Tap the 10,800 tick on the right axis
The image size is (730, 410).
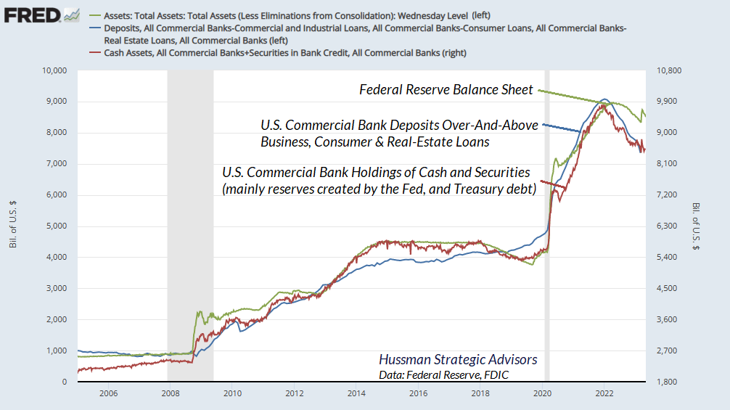pyautogui.click(x=670, y=70)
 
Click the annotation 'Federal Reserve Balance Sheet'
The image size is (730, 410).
pyautogui.click(x=446, y=90)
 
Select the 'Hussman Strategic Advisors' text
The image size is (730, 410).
pyautogui.click(x=458, y=360)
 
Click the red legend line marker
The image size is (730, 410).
pyautogui.click(x=95, y=52)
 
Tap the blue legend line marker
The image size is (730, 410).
pyautogui.click(x=95, y=28)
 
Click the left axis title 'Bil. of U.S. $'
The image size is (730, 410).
pyautogui.click(x=13, y=226)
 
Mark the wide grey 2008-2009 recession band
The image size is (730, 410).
pyautogui.click(x=190, y=218)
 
